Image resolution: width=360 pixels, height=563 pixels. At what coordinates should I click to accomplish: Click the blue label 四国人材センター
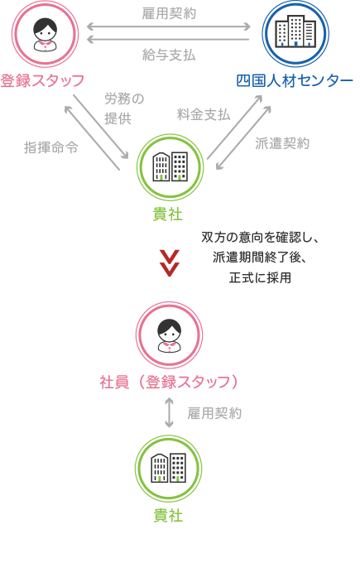(x=295, y=81)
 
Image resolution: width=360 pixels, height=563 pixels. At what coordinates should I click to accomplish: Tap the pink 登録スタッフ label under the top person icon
(x=42, y=81)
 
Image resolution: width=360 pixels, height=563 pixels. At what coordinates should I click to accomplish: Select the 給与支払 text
(x=169, y=55)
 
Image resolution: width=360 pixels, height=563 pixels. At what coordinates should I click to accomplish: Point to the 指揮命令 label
(x=51, y=147)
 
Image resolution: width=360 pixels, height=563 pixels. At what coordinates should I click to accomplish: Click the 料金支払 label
(x=204, y=114)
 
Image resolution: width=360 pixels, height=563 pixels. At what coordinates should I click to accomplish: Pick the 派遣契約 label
(x=282, y=143)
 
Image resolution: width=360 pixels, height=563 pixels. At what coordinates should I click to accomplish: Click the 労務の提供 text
(x=124, y=108)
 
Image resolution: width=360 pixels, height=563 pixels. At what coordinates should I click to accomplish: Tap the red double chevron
(x=169, y=263)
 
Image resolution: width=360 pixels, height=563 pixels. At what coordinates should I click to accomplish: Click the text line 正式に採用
(x=260, y=277)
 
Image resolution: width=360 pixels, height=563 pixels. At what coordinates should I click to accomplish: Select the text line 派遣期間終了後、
(x=260, y=257)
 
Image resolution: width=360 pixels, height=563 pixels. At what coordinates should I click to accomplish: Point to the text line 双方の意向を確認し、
(x=260, y=238)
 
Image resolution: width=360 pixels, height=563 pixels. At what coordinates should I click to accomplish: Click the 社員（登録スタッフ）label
(x=169, y=382)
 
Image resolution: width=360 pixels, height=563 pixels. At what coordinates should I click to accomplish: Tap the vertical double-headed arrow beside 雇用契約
(x=169, y=412)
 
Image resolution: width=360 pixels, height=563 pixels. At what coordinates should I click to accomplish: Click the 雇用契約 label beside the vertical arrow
(x=214, y=413)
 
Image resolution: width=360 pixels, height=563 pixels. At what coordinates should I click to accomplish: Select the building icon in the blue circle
(x=295, y=31)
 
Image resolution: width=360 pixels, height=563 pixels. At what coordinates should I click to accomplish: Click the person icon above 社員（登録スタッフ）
(x=170, y=335)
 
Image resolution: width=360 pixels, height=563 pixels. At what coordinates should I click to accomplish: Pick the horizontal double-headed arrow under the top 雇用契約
(x=168, y=26)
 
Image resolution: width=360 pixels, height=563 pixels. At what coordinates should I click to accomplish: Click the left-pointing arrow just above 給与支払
(x=168, y=40)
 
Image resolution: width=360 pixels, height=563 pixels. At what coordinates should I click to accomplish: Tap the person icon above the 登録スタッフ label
(x=46, y=34)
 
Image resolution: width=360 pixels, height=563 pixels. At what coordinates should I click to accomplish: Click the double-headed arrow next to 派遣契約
(x=243, y=137)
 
